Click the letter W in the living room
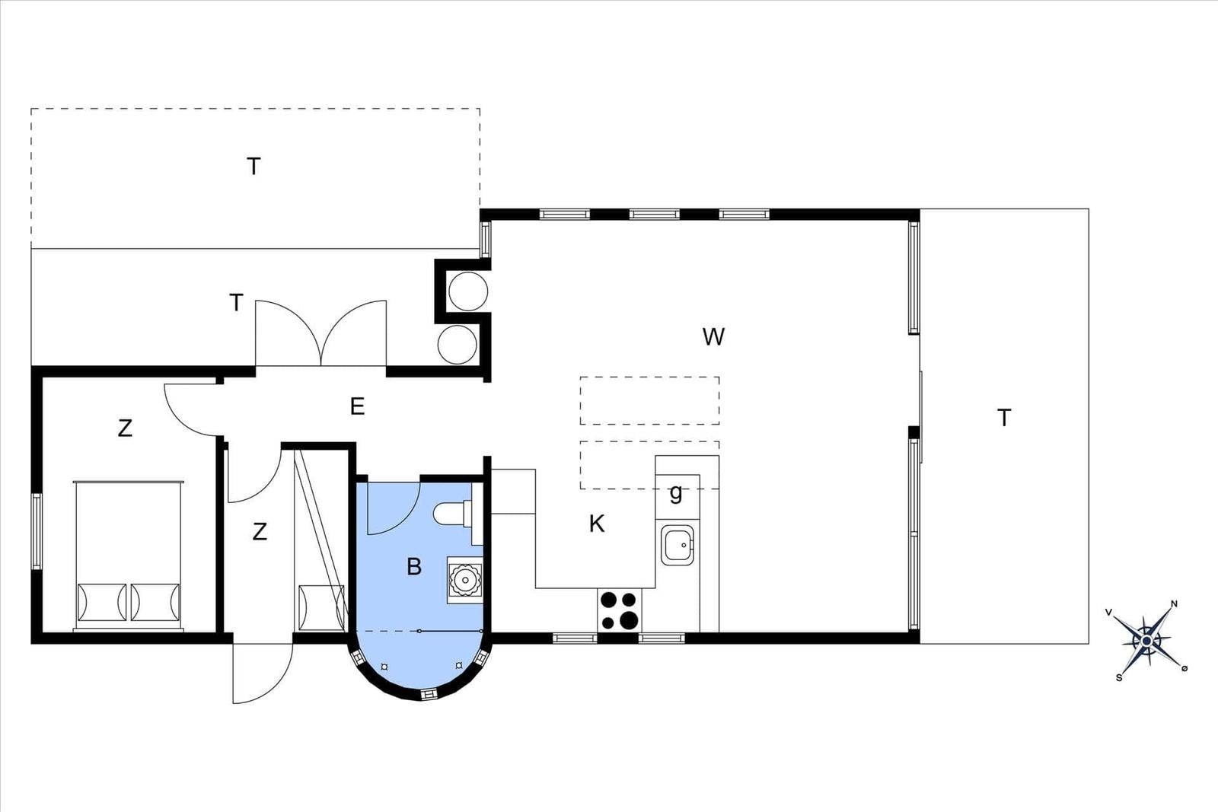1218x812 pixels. point(713,337)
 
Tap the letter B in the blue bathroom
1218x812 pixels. point(414,566)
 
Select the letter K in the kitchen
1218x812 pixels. point(597,524)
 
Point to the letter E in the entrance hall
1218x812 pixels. point(357,406)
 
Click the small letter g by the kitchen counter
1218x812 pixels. point(675,493)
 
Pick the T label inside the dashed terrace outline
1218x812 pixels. point(253,167)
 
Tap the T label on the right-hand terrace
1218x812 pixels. point(1004,418)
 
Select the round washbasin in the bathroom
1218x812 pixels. point(465,579)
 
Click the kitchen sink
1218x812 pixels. point(678,545)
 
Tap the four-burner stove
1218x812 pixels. point(619,610)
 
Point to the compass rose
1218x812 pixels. point(1146,642)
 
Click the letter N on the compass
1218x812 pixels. point(1174,603)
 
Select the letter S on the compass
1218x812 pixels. point(1118,678)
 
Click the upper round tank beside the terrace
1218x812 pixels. point(467,291)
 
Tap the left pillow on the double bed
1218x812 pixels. point(102,602)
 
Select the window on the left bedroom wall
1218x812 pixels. point(37,531)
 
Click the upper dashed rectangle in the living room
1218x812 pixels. point(650,400)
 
